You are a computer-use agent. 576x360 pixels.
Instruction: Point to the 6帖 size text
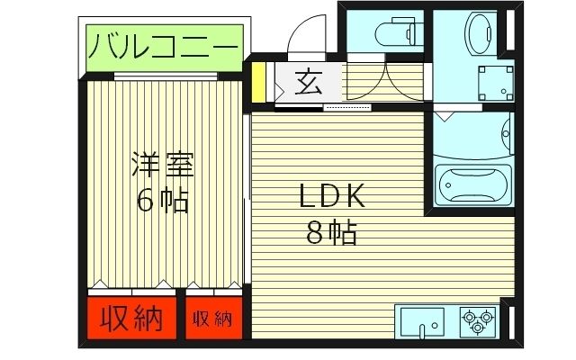coord(163,199)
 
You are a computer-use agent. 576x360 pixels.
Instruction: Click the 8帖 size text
coord(330,233)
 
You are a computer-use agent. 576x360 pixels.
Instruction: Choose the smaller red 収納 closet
coord(212,319)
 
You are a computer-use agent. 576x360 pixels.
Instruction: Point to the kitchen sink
coord(420,321)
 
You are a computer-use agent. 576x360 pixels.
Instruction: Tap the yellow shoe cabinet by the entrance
coord(258,82)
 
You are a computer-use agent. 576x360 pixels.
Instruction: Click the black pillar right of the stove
coord(506,321)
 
